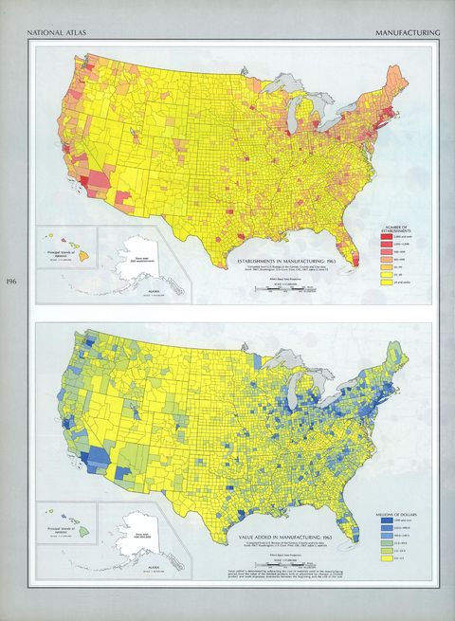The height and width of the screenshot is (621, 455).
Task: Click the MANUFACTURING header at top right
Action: click(x=408, y=32)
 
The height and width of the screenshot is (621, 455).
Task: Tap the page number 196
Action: click(x=11, y=282)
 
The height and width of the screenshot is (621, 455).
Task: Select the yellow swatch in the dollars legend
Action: click(x=388, y=559)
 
